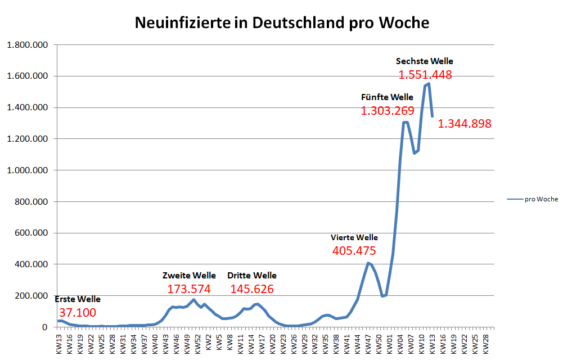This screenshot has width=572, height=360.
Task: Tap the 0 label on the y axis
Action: [x=44, y=327]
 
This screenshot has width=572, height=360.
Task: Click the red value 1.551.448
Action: [x=425, y=75]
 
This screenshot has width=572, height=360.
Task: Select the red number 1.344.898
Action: [x=465, y=124]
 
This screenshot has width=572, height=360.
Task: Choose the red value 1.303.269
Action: [x=387, y=111]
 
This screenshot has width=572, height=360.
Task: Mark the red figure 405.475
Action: [x=354, y=251]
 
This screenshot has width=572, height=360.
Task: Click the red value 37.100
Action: [x=78, y=313]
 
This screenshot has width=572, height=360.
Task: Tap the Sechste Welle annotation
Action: [x=424, y=61]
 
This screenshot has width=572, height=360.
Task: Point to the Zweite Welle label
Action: [x=189, y=276]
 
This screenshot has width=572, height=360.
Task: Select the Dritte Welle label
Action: [x=252, y=276]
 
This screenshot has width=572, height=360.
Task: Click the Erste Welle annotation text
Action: [x=78, y=299]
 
